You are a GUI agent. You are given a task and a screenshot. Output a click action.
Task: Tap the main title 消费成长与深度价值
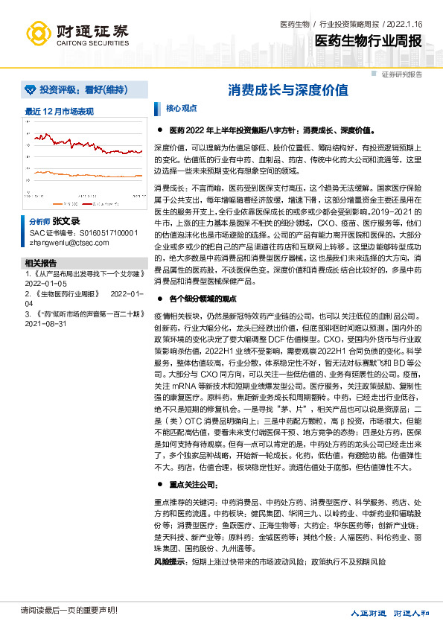[287, 90]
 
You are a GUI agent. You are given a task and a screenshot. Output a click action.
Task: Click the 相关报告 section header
[40, 242]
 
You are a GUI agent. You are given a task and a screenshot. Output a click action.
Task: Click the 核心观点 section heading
[182, 108]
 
